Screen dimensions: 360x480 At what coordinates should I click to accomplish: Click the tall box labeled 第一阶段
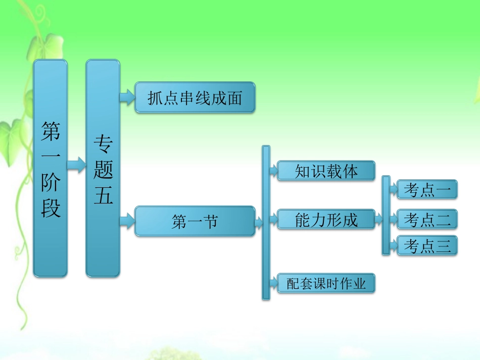pos(50,168)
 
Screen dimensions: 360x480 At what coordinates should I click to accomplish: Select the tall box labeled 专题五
pos(103,168)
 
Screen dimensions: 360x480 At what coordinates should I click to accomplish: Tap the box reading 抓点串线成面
pos(195,97)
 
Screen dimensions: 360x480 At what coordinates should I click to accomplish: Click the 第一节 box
pos(195,221)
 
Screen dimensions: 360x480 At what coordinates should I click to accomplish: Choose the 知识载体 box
pos(326,171)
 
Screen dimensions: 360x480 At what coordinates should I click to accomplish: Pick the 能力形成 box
pos(326,220)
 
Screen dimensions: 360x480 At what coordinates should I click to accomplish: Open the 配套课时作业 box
pos(326,283)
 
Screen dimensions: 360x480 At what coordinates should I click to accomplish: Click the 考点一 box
pos(427,189)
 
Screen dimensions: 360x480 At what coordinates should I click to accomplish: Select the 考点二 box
pos(427,219)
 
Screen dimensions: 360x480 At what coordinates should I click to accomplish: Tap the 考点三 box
pos(427,245)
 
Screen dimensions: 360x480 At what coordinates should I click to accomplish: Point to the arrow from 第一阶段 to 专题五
pos(76,165)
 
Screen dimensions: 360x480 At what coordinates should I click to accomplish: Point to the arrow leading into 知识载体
pos(273,171)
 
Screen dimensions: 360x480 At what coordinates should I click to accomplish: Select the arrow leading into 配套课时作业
pos(273,283)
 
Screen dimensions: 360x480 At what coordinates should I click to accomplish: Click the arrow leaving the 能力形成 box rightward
pos(378,220)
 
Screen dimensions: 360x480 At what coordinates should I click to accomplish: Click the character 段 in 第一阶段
pos(51,207)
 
